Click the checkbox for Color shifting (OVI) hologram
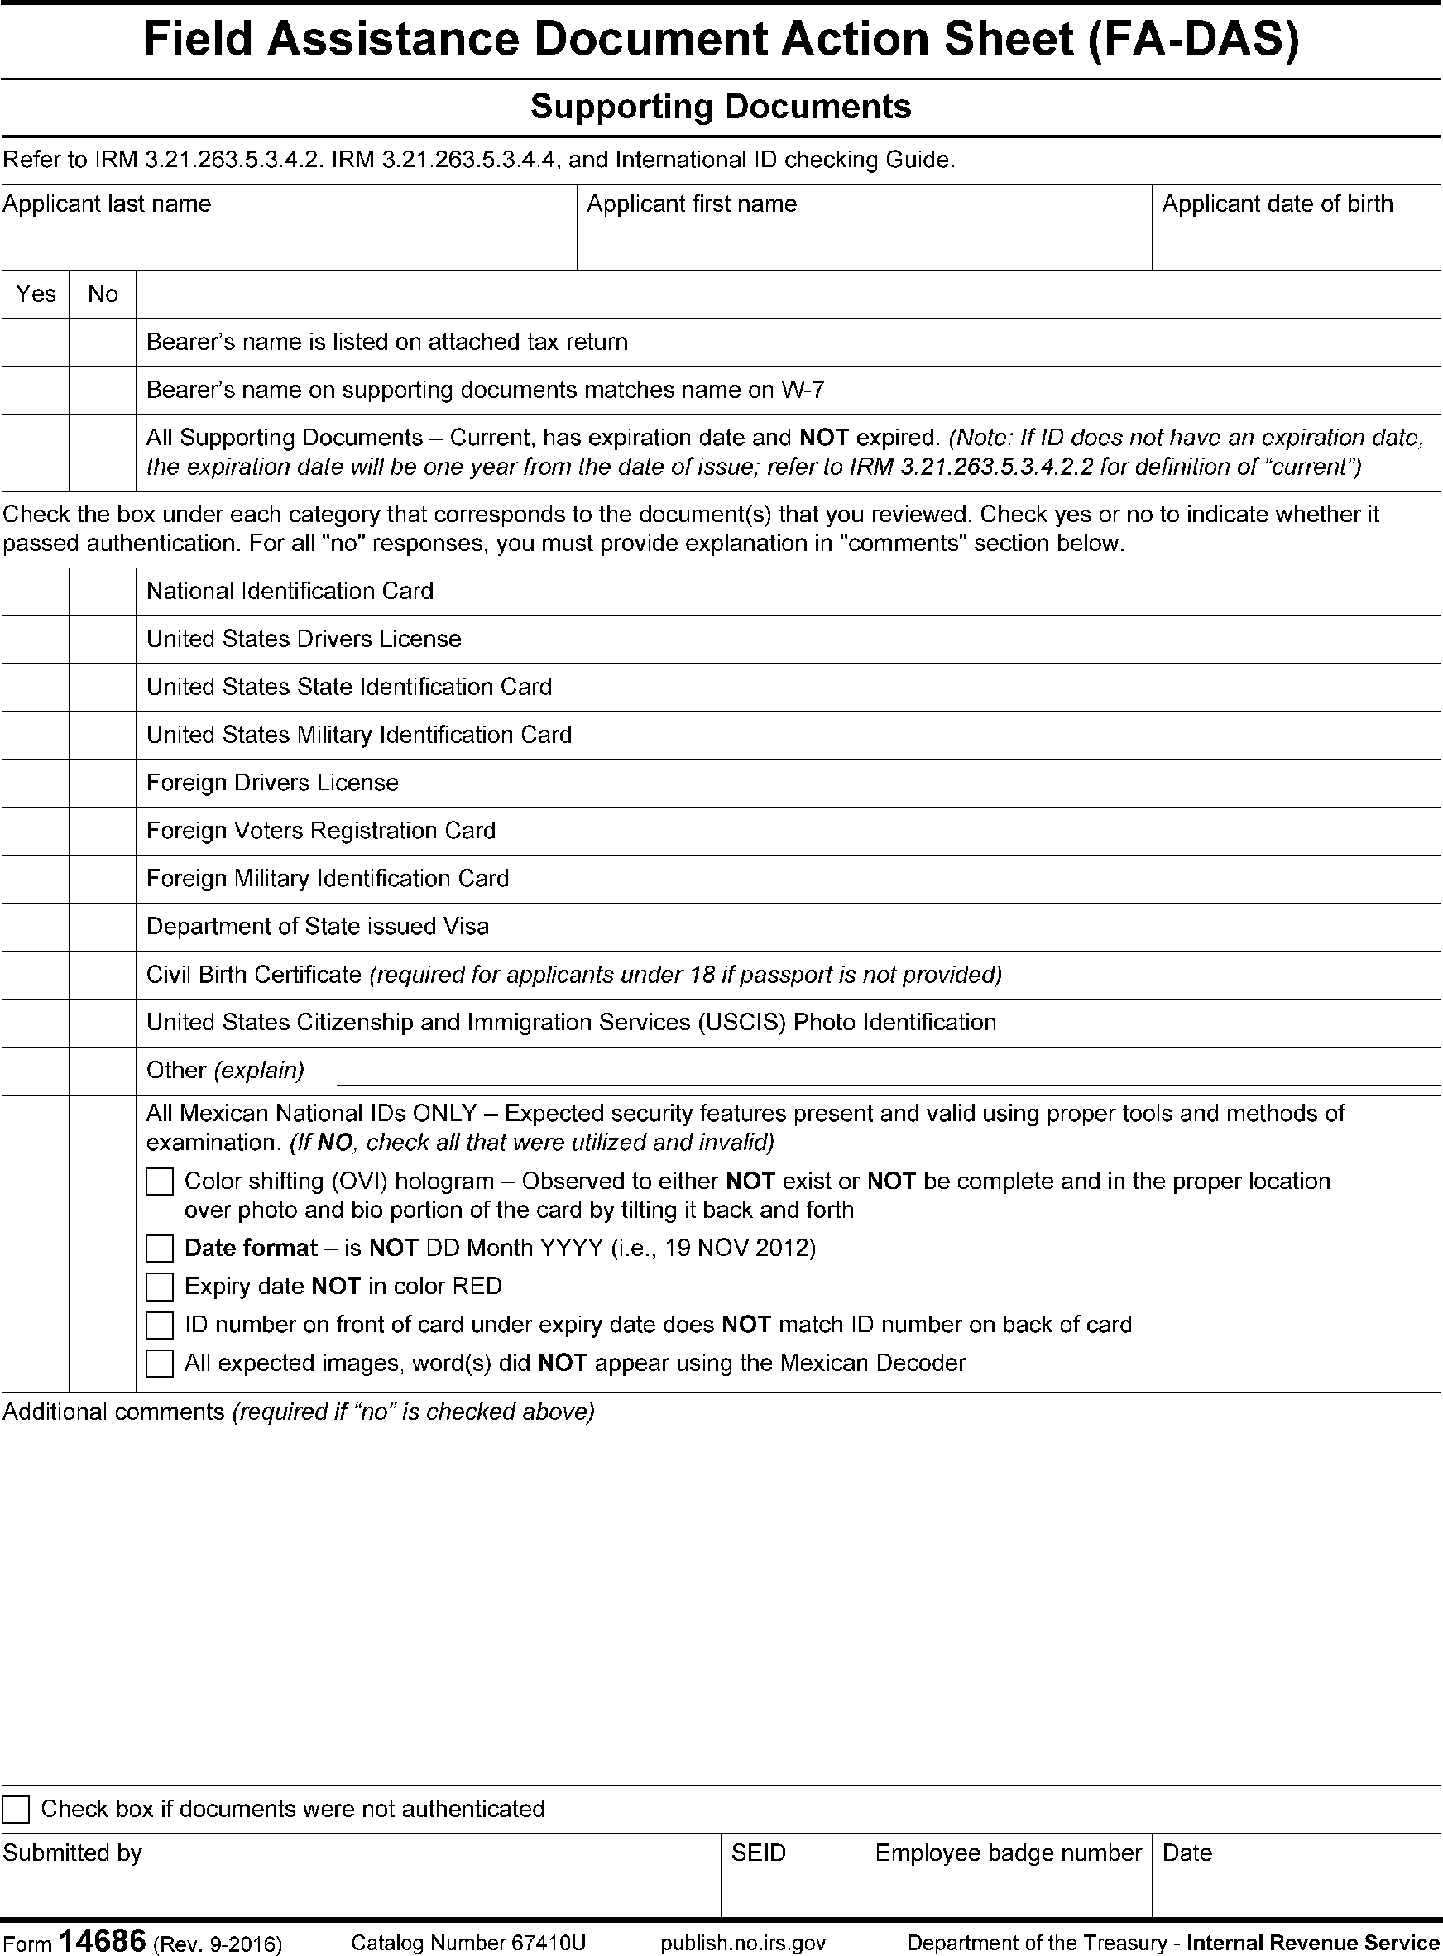pos(160,1182)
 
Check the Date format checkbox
pos(160,1249)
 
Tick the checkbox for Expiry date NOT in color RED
pos(160,1287)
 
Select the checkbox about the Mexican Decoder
pos(160,1364)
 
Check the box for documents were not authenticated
pos(16,1810)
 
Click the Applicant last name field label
pos(107,204)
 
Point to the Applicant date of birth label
pos(1277,204)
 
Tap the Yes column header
pos(35,295)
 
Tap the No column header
pos(103,295)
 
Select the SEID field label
pos(758,1853)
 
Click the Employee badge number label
pos(1008,1853)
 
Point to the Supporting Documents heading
pos(721,108)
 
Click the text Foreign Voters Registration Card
pos(320,831)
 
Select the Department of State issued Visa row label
pos(317,927)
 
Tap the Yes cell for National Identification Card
pos(35,592)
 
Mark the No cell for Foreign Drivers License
pos(103,784)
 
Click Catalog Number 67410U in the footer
pos(468,1943)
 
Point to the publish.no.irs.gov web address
pos(743,1943)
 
